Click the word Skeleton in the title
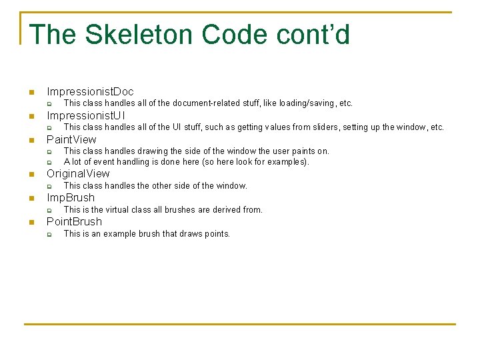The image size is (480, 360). [x=139, y=35]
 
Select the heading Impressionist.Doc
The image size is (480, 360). [x=90, y=91]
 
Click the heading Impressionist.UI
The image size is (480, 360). [x=86, y=115]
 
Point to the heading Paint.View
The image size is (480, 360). [x=71, y=139]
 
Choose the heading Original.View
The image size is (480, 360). [x=78, y=173]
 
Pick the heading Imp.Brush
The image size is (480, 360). [x=71, y=197]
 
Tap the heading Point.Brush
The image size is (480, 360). [x=74, y=221]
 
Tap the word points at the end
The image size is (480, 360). [x=215, y=233]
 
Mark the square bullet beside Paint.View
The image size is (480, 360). [x=31, y=140]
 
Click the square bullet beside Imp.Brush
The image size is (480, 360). [x=31, y=198]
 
